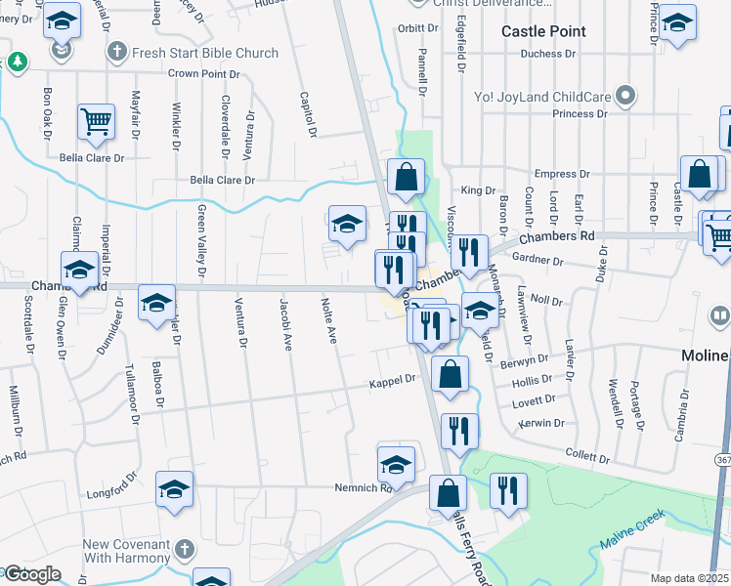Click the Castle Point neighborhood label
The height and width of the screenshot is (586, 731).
click(543, 31)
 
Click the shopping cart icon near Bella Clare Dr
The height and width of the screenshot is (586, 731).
click(97, 120)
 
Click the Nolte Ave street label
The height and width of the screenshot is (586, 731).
click(330, 321)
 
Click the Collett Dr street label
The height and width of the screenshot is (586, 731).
click(587, 457)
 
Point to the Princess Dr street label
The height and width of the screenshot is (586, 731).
click(580, 114)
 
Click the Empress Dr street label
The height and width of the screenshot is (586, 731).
click(563, 174)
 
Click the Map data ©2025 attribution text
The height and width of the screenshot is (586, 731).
click(690, 578)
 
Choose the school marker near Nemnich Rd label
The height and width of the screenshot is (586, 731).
click(396, 462)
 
